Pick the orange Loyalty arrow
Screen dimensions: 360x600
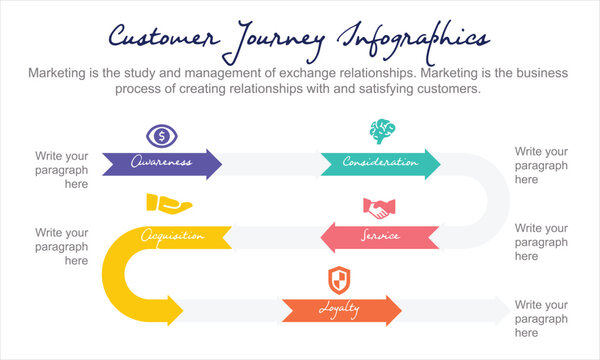tap(341, 311)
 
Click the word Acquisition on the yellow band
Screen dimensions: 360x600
tap(173, 237)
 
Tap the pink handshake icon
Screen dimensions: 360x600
tap(378, 209)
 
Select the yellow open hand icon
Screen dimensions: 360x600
tap(168, 204)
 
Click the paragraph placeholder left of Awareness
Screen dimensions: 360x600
tap(62, 170)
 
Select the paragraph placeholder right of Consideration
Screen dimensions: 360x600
tap(541, 165)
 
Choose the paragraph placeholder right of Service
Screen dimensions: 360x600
tap(541, 242)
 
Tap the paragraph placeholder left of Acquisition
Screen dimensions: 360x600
tap(62, 245)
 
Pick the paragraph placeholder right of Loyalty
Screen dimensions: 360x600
tap(541, 318)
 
